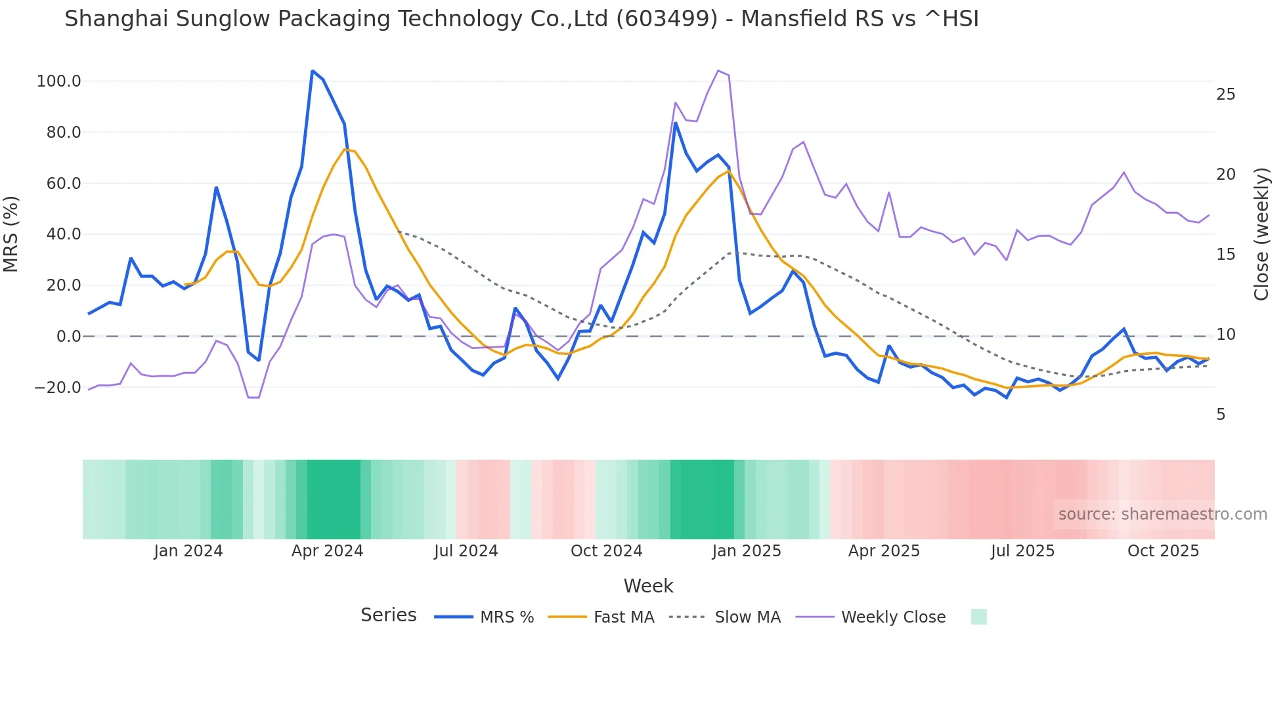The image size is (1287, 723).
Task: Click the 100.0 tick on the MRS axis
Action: [58, 81]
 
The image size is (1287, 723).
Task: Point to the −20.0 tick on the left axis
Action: [57, 388]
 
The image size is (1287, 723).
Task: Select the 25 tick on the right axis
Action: [1225, 94]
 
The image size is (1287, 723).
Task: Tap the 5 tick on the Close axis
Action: [1221, 415]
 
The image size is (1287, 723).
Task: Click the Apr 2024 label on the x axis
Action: [327, 551]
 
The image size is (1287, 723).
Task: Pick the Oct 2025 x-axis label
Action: [1163, 551]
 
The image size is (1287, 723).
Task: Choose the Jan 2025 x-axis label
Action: [747, 551]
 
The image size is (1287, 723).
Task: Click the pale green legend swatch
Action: [978, 617]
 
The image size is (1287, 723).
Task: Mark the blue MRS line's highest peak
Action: [313, 71]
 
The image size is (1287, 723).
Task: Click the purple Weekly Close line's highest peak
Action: [718, 70]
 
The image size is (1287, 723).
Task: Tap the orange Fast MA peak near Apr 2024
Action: [345, 149]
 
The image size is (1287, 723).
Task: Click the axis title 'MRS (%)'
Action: [11, 234]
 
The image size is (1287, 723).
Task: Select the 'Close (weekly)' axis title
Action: [1261, 234]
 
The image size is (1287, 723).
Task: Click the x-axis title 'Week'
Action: [648, 586]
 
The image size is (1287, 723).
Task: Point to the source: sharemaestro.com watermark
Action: [1162, 514]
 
